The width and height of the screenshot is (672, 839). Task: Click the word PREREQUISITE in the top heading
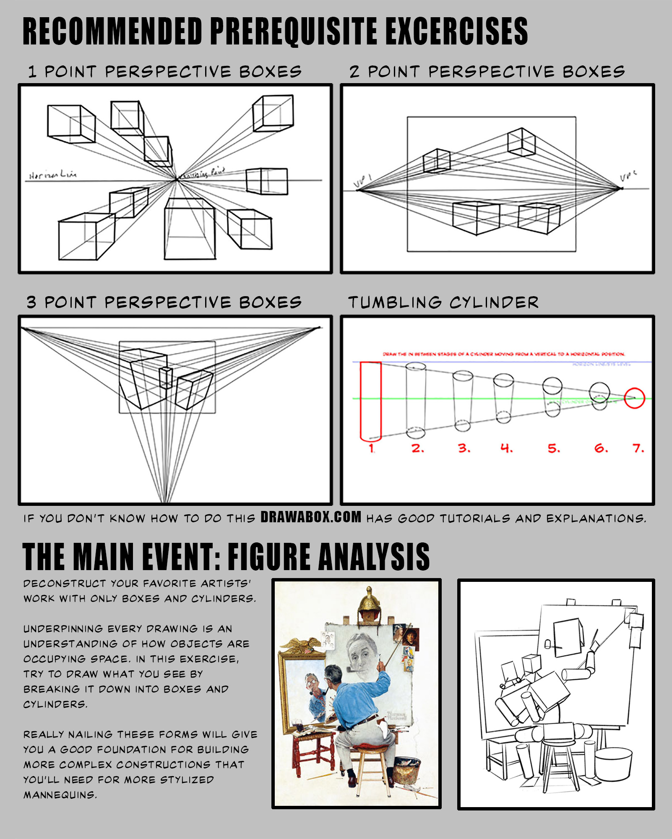[294, 31]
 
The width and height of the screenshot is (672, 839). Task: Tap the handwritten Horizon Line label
[53, 175]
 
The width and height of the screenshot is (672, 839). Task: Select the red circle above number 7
[634, 398]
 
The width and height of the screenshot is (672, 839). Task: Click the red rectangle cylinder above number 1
[371, 401]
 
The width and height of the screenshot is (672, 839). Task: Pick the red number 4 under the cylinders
[506, 448]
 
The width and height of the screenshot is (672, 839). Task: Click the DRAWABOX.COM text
[310, 517]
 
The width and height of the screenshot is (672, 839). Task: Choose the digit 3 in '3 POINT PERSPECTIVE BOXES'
[31, 302]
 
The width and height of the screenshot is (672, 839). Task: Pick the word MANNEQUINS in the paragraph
[60, 795]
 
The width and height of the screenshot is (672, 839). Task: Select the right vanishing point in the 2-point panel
[622, 188]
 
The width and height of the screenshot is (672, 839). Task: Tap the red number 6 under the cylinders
[600, 448]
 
